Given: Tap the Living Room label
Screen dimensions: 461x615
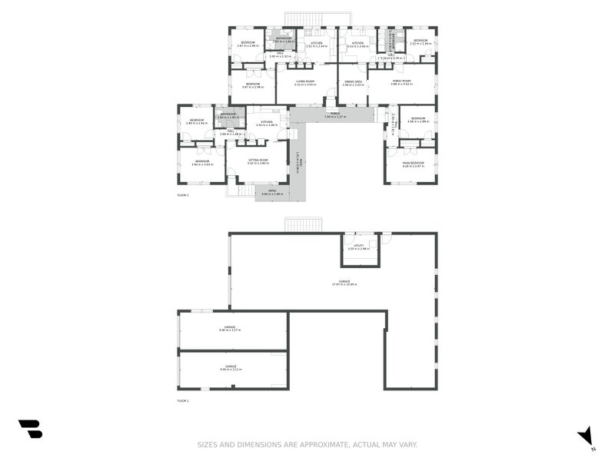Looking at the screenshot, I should click(x=305, y=82).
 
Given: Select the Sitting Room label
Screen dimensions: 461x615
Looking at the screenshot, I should click(x=258, y=161).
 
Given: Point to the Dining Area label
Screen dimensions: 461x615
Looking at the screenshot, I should click(x=353, y=82).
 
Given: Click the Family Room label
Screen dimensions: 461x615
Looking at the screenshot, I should click(x=401, y=82).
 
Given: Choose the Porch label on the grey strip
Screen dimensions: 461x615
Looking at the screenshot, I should click(x=335, y=115).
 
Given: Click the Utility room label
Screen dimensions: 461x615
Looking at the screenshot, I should click(x=359, y=247).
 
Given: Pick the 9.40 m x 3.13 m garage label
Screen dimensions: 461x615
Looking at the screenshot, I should click(x=231, y=368).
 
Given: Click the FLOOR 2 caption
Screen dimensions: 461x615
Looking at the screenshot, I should click(x=183, y=195).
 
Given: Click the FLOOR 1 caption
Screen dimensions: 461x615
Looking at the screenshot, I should click(x=183, y=401).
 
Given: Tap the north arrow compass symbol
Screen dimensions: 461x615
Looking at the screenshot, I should click(x=586, y=436).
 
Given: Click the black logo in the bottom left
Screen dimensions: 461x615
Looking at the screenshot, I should click(x=30, y=429).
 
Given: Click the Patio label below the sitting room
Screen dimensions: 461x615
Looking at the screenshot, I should click(x=273, y=192).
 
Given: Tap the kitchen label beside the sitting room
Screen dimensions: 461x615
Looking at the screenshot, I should click(x=267, y=123).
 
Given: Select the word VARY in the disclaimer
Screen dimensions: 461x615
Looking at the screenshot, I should click(x=406, y=445).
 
